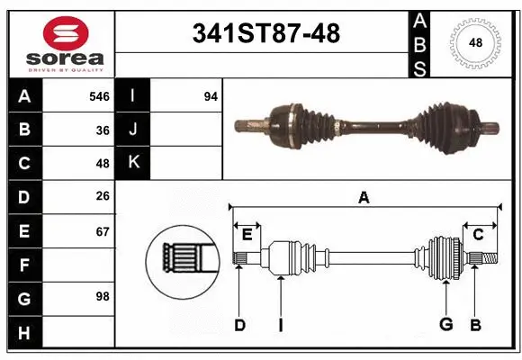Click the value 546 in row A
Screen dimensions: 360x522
pos(99,96)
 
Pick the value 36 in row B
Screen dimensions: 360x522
pos(103,130)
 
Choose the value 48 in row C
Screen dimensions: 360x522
pos(103,164)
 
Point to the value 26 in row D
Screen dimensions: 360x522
pos(103,196)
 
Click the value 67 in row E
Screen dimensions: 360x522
pos(103,230)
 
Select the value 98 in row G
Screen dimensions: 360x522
pos(103,296)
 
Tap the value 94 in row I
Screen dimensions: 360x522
pos(210,96)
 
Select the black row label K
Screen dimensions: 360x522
pos(132,163)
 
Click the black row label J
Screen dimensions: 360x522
pos(132,130)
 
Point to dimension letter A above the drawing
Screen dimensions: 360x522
pos(364,197)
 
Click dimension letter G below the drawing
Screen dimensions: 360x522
pos(445,325)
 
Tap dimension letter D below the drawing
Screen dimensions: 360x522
pos(239,325)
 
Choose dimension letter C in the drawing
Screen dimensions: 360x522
pos(479,234)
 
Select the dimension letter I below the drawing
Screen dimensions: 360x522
pos(280,325)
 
